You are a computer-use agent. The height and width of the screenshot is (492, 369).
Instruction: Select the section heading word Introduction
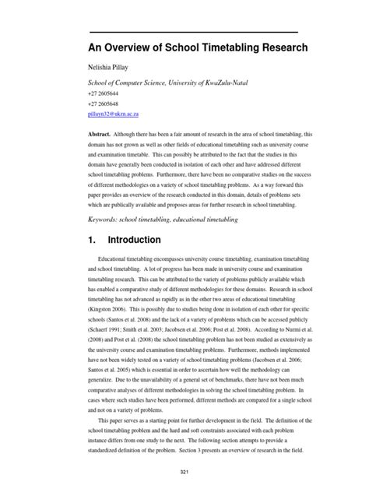click(x=134, y=241)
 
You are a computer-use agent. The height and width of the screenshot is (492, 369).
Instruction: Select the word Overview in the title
click(x=128, y=49)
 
